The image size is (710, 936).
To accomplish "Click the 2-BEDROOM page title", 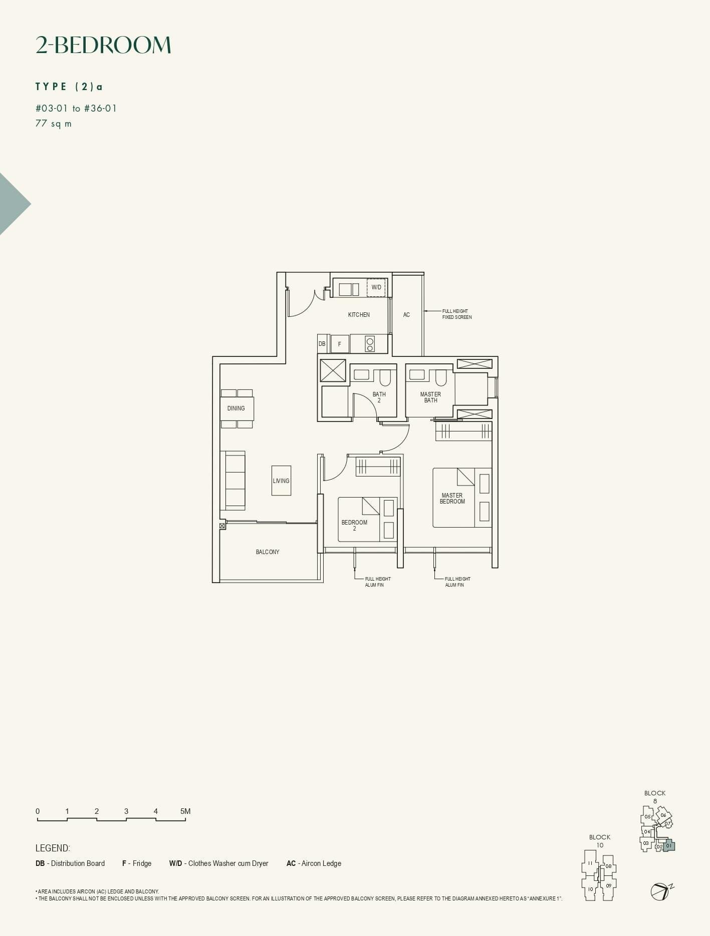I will tap(103, 45).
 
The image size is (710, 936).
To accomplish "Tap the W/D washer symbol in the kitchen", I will tap(376, 287).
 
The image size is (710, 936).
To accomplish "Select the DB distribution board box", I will tap(322, 344).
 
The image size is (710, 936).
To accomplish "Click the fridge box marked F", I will tap(340, 344).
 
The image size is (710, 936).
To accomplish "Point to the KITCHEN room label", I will tap(359, 315).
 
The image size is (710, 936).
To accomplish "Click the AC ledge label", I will tap(406, 315).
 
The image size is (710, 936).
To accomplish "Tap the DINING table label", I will tap(236, 408).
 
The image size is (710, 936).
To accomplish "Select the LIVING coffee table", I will tap(281, 481).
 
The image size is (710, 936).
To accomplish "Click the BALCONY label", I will tap(268, 552).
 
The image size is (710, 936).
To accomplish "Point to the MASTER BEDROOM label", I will tap(452, 499).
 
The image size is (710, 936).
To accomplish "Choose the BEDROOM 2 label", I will tap(354, 525).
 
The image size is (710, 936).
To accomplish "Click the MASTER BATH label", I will tap(430, 397).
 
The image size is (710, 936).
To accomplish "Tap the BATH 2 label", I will tap(379, 397).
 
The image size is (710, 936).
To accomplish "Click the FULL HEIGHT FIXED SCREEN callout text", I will tap(456, 314).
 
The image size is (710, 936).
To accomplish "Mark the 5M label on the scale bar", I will tap(185, 811).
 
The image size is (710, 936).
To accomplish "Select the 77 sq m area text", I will tap(54, 124).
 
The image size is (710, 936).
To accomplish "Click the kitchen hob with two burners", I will tap(370, 344).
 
